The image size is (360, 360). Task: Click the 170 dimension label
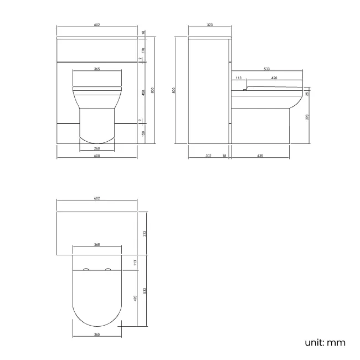coord(143,50)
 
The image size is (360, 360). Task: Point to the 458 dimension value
coord(143,92)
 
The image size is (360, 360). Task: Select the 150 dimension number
coord(143,134)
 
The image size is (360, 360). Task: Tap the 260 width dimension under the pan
coord(97,148)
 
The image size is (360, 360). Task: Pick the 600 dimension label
coord(97,156)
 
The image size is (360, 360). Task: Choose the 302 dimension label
coord(208,156)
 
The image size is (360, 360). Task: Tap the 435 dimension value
coord(260,156)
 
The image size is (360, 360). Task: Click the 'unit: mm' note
coord(325,342)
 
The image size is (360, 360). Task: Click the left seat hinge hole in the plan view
coord(86,270)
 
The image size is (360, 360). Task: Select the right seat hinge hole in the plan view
coord(108,270)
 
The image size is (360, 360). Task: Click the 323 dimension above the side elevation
coord(209,25)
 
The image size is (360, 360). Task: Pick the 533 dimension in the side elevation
coord(267,69)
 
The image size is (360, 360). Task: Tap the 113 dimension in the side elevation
coord(238,78)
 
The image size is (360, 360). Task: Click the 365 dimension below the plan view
coord(97,335)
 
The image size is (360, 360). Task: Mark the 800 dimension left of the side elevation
coord(174,90)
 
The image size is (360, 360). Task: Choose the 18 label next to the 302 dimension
coord(224,156)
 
